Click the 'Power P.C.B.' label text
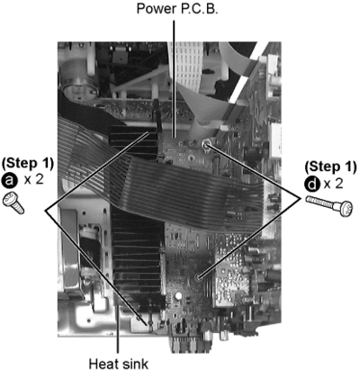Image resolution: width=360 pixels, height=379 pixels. click(177, 9)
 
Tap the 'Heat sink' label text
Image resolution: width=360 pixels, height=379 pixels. click(118, 365)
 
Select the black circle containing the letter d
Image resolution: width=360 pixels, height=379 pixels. click(312, 184)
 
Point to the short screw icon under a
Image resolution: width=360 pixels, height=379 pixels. click(13, 203)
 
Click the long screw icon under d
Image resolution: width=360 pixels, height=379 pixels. click(329, 205)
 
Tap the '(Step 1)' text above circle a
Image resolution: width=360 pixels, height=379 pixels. click(28, 163)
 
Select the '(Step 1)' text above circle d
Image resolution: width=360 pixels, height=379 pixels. click(330, 167)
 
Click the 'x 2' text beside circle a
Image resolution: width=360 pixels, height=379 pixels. click(33, 180)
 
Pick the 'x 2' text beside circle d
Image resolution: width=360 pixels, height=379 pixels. click(333, 184)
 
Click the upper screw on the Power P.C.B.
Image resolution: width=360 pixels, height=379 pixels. click(206, 144)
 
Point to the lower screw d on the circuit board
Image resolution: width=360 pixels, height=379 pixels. click(198, 277)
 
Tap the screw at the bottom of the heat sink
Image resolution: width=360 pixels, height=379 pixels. click(148, 322)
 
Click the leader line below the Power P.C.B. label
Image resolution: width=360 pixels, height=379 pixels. click(174, 78)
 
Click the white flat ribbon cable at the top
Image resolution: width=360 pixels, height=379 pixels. click(186, 69)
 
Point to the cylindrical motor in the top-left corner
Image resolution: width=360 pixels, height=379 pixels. click(78, 75)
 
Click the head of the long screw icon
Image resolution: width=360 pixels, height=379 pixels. click(346, 208)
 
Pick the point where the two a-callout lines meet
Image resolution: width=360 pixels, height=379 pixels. click(46, 211)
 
